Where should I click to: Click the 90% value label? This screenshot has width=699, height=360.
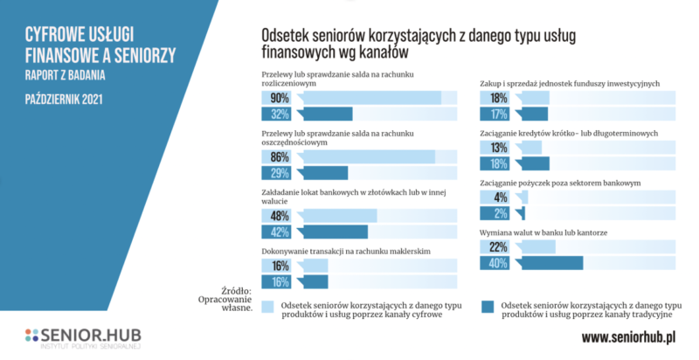[280, 97]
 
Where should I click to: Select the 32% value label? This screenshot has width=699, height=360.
[280, 114]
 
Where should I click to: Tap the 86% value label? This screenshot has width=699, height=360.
[280, 156]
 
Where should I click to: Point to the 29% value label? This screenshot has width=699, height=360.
[280, 173]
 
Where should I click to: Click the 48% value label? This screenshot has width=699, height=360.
[280, 216]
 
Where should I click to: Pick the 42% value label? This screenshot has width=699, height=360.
[280, 232]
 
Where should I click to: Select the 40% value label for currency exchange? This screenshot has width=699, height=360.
[499, 263]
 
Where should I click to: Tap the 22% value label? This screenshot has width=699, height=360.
[499, 247]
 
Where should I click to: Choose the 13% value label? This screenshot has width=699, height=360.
[499, 147]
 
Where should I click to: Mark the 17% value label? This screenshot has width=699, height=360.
[499, 114]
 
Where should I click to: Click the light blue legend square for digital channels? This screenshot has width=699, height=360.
[267, 306]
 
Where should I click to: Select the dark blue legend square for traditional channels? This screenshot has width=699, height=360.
[488, 306]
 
